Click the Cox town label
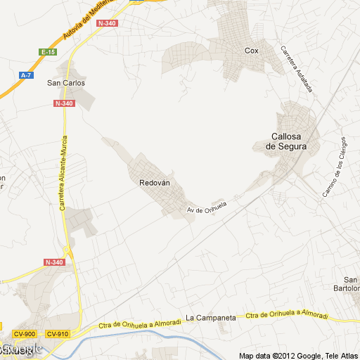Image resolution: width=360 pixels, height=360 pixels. (252, 51)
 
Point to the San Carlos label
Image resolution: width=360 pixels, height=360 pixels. (65, 83)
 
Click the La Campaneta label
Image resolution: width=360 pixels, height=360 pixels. (210, 318)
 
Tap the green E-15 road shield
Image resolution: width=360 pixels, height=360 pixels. (48, 52)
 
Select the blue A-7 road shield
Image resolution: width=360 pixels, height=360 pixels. (27, 75)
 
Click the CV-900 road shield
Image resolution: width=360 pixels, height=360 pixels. (25, 334)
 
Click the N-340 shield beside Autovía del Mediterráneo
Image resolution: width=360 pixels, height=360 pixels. (108, 23)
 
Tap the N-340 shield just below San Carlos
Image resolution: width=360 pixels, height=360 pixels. (63, 103)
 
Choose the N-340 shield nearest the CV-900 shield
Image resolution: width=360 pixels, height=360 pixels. (53, 262)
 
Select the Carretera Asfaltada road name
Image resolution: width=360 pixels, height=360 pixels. (296, 70)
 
